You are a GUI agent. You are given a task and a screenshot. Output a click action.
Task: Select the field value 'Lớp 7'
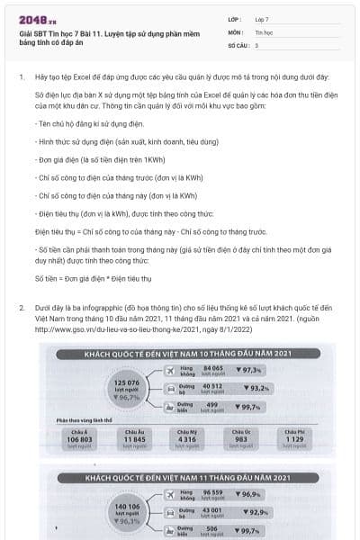tap(262, 18)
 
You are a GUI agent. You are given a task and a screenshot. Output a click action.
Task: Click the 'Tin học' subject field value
tap(263, 31)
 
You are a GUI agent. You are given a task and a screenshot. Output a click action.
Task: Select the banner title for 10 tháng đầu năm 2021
tap(180, 354)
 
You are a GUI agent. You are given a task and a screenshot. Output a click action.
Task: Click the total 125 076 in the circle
tap(128, 382)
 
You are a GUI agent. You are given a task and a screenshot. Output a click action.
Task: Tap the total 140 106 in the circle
tap(128, 507)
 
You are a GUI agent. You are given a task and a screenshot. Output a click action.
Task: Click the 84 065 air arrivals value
tap(213, 368)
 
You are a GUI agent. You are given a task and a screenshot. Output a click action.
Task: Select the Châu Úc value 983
tap(240, 439)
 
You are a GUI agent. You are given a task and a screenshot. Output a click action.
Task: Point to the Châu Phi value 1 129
tap(295, 439)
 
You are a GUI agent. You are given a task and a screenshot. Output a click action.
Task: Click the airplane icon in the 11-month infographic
tap(169, 494)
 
